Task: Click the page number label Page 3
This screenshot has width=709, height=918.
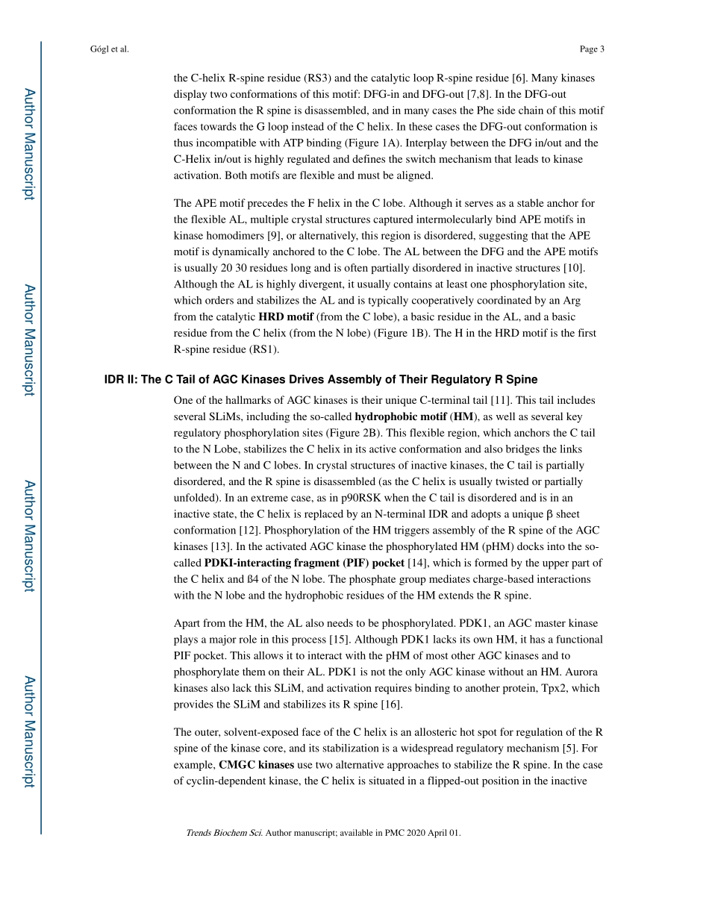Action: click(591, 49)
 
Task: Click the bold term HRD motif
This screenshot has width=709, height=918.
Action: click(286, 316)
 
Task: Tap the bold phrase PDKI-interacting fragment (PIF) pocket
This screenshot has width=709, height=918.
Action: click(304, 563)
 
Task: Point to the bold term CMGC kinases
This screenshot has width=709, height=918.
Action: click(255, 765)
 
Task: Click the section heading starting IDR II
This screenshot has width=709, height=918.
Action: click(320, 380)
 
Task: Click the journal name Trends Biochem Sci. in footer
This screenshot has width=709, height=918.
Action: click(224, 833)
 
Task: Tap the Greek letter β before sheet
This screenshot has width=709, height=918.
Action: click(550, 514)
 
